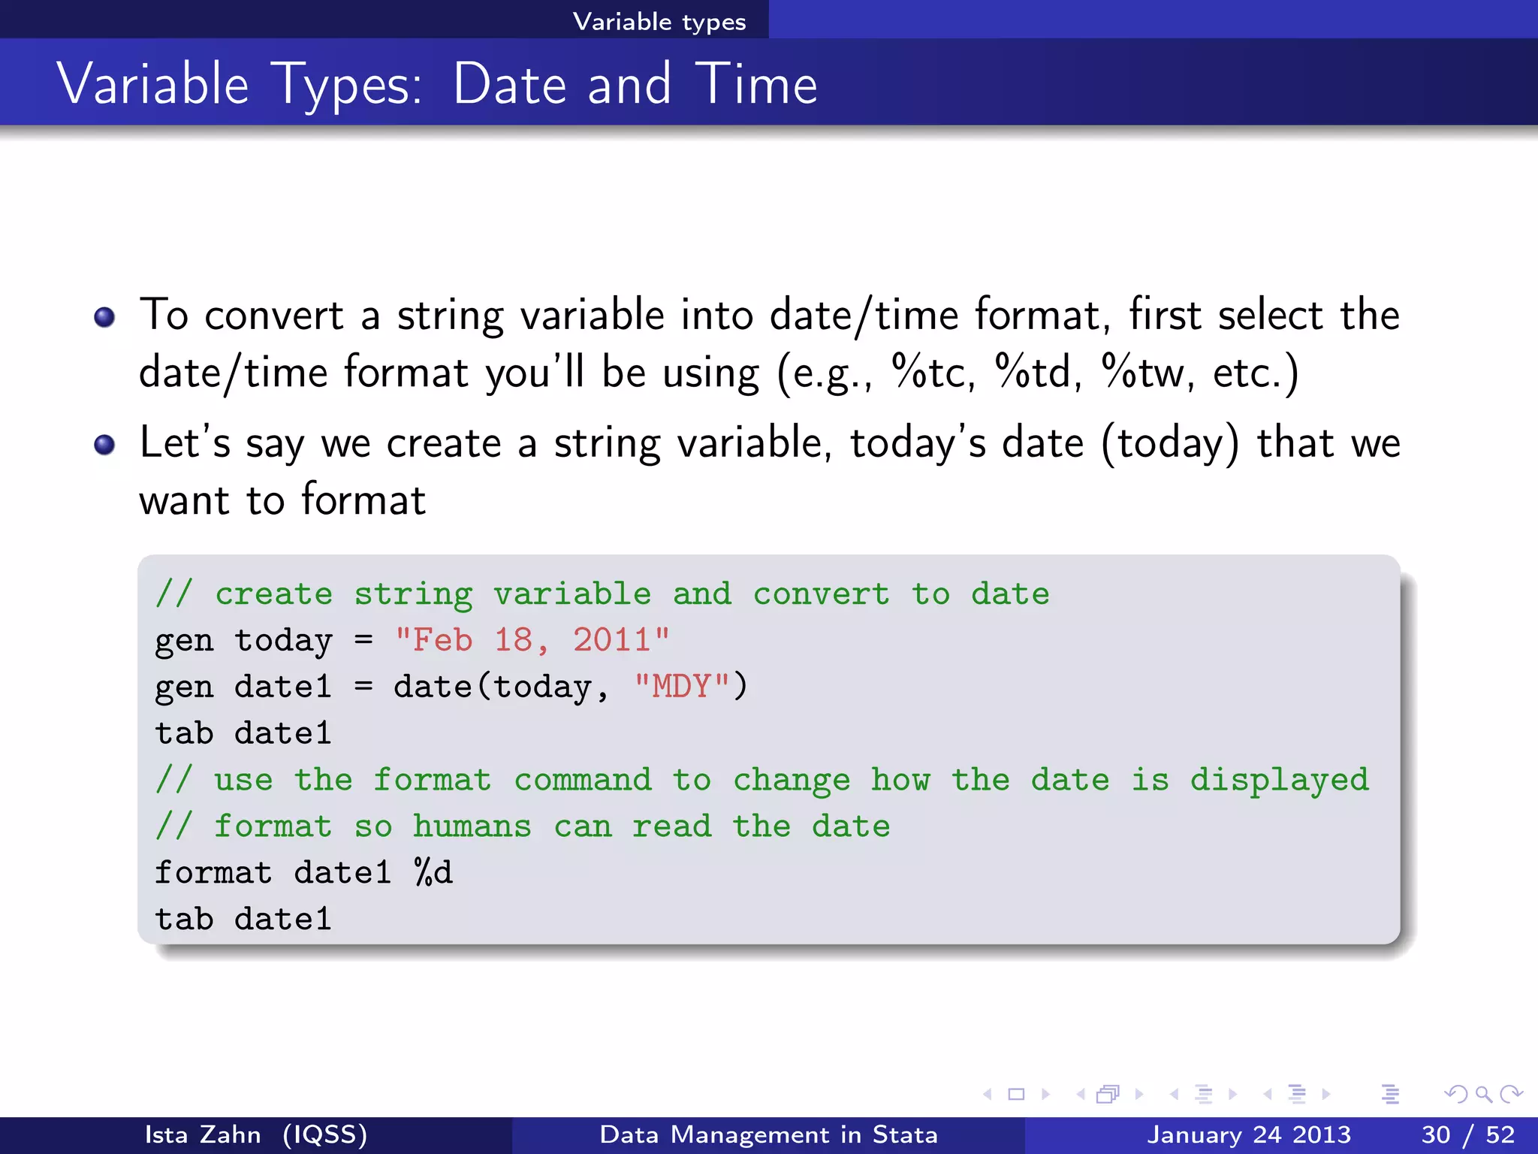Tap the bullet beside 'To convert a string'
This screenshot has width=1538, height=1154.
click(104, 317)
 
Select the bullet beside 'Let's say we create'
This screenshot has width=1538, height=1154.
click(104, 445)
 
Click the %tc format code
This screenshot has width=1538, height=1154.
click(931, 372)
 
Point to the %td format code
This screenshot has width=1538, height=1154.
click(1037, 372)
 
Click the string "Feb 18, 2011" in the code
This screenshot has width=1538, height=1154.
click(532, 640)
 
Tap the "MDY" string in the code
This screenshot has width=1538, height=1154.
click(682, 687)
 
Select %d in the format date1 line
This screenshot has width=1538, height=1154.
click(433, 873)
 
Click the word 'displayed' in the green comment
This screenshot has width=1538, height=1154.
click(1279, 780)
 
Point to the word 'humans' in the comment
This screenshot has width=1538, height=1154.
click(472, 826)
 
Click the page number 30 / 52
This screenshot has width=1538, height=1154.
click(1467, 1134)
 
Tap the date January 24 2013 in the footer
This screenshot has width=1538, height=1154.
click(1248, 1134)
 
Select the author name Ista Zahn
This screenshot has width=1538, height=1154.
click(203, 1134)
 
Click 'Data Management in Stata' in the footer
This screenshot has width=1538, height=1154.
click(768, 1134)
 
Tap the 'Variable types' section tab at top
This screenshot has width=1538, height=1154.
click(659, 21)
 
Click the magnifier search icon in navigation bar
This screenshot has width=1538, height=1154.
click(1483, 1094)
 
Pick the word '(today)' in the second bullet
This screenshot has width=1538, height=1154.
click(1169, 443)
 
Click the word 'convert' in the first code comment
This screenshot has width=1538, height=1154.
click(821, 594)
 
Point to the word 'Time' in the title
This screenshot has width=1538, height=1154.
click(755, 84)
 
